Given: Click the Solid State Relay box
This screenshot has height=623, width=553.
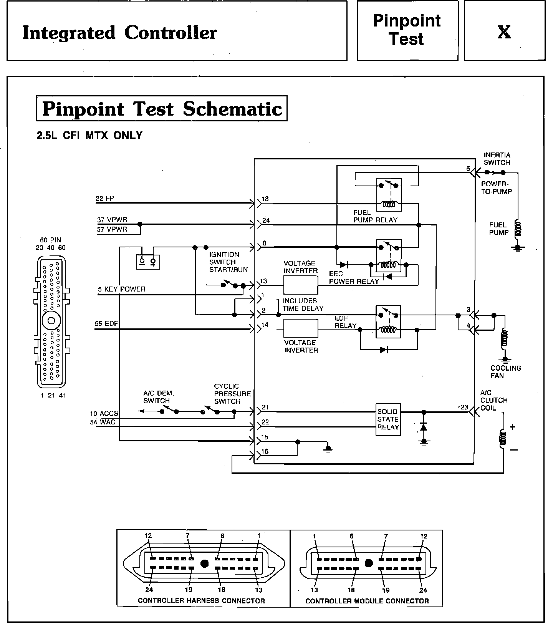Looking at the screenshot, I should pyautogui.click(x=388, y=419).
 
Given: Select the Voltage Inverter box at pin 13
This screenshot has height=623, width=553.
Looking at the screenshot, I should pyautogui.click(x=301, y=285).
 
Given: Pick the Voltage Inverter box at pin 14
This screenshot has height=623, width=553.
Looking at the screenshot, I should pyautogui.click(x=301, y=328).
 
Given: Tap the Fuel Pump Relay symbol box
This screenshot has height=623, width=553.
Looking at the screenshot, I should pyautogui.click(x=389, y=195).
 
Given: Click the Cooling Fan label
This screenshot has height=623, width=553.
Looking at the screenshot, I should pyautogui.click(x=505, y=371).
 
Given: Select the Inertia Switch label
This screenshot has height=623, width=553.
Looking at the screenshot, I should pyautogui.click(x=497, y=159).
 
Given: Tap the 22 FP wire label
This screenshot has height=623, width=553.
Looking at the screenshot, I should pyautogui.click(x=105, y=199).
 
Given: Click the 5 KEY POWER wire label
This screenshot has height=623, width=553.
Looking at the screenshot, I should pyautogui.click(x=122, y=289).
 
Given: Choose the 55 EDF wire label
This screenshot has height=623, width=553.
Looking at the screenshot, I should pyautogui.click(x=106, y=323).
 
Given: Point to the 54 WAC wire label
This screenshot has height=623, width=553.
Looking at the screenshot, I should pyautogui.click(x=103, y=422).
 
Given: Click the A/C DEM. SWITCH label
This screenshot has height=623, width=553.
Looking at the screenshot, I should pyautogui.click(x=157, y=397).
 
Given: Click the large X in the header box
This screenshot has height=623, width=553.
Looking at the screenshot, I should pyautogui.click(x=504, y=32).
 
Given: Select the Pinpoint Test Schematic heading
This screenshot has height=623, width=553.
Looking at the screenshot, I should pyautogui.click(x=162, y=109).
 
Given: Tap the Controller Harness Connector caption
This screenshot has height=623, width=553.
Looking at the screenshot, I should pyautogui.click(x=201, y=601).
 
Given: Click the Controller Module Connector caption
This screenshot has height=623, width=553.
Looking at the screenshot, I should pyautogui.click(x=367, y=601).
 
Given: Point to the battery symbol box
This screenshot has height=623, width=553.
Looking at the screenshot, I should pyautogui.click(x=148, y=262).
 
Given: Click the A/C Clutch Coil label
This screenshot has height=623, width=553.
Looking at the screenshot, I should pyautogui.click(x=494, y=400).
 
